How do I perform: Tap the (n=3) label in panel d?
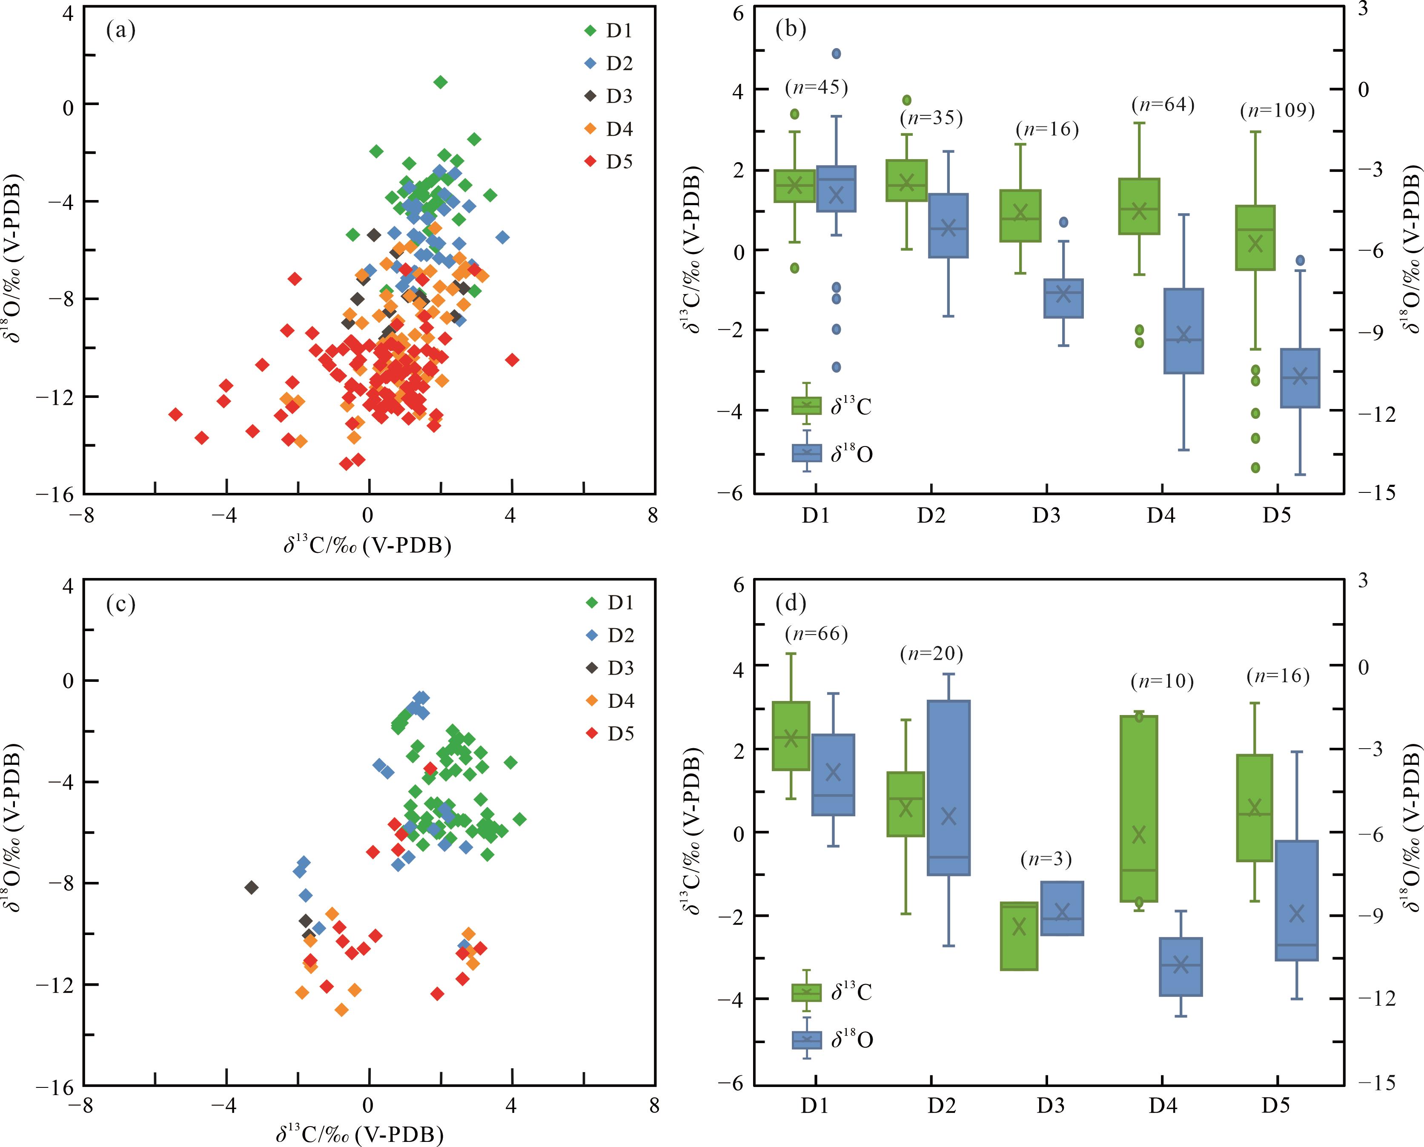pyautogui.click(x=1046, y=859)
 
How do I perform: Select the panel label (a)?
pyautogui.click(x=120, y=30)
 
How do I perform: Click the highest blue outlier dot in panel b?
pyautogui.click(x=836, y=54)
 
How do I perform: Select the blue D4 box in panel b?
pyautogui.click(x=1183, y=331)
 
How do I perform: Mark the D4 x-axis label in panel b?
pyautogui.click(x=1161, y=515)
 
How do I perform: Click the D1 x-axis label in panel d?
pyautogui.click(x=815, y=1105)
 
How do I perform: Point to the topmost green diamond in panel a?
pyautogui.click(x=441, y=82)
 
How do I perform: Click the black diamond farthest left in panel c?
pyautogui.click(x=251, y=887)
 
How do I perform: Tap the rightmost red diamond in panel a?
pyautogui.click(x=512, y=360)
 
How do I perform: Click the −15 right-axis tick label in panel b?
pyautogui.click(x=1378, y=492)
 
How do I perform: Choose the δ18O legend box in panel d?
pyautogui.click(x=807, y=1041)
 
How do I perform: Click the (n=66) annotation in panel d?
pyautogui.click(x=816, y=634)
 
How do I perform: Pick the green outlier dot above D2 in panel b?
pyautogui.click(x=907, y=100)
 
